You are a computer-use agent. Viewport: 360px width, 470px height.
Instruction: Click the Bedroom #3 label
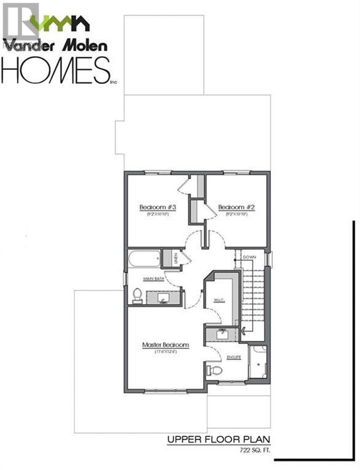(x=157, y=207)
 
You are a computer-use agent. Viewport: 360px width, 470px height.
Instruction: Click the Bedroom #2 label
(x=236, y=207)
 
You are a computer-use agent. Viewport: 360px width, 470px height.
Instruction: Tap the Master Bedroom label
(x=165, y=345)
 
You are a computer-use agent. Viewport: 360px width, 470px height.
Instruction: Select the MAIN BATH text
(x=153, y=279)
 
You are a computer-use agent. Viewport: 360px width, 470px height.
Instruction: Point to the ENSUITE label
(x=234, y=357)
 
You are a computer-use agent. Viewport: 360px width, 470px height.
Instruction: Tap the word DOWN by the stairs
(x=249, y=258)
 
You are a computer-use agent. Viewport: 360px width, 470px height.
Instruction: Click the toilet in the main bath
(x=138, y=296)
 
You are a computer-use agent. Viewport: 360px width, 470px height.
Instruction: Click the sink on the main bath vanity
(x=164, y=298)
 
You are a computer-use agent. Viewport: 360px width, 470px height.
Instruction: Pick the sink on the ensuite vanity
(x=220, y=334)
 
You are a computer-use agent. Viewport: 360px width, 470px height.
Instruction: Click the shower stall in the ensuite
(x=258, y=362)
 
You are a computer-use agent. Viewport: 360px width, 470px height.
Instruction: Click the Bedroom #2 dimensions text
(x=236, y=215)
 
